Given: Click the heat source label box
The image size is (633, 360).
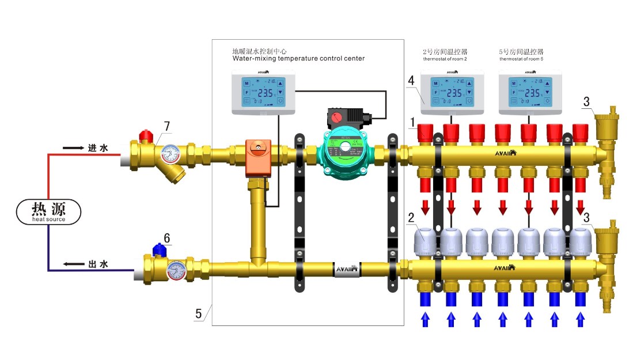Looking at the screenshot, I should [48, 211].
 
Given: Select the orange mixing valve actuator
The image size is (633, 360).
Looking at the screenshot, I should [257, 157].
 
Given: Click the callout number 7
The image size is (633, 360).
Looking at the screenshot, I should [166, 126].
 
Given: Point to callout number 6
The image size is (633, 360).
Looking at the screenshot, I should [166, 237].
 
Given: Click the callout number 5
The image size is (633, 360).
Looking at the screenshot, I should [198, 314].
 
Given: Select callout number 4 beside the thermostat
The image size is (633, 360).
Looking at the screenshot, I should [411, 79].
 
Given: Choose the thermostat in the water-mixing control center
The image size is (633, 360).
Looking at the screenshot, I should [264, 92].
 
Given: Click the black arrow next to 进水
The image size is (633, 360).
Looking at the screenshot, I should [74, 148].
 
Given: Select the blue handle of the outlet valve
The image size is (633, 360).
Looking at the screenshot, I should [158, 249].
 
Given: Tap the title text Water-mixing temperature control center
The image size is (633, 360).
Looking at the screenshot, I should [298, 59].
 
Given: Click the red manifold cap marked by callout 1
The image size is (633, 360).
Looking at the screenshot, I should [426, 132].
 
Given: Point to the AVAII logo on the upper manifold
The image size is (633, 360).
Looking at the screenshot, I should [505, 153].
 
